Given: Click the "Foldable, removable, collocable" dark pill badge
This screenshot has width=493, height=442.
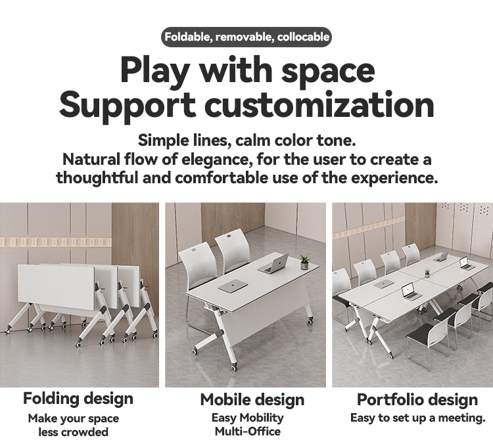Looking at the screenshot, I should point(246,37).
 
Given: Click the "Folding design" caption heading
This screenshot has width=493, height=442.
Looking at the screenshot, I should point(78,398).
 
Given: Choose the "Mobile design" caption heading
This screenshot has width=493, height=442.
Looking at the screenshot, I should point(252,399).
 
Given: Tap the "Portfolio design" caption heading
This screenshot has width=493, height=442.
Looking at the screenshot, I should point(417,399).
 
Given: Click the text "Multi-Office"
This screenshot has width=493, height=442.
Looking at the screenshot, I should point(248,431).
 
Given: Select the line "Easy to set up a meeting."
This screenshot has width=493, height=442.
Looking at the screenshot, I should point(417,418).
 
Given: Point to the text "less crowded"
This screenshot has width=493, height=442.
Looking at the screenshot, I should point(73,431).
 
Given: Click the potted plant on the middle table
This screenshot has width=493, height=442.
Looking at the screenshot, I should point(304,262).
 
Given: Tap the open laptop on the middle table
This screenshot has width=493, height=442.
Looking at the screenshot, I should point(274,264).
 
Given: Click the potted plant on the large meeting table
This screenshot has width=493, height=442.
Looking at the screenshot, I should point(427,272).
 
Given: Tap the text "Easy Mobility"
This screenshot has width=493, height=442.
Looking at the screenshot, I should point(248,418).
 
